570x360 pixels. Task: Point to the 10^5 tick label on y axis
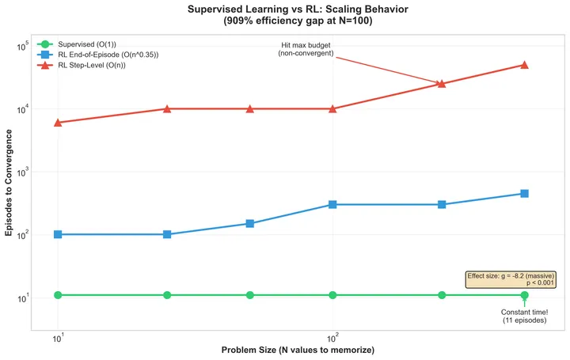21,46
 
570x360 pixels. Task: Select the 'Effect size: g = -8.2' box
511,279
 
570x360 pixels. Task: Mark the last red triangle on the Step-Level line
524,65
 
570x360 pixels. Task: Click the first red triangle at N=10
58,123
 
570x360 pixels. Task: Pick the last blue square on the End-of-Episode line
524,193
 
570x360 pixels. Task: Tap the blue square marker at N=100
332,204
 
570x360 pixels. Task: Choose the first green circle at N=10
58,295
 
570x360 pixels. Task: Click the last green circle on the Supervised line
524,295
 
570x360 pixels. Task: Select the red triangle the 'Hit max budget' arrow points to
442,83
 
